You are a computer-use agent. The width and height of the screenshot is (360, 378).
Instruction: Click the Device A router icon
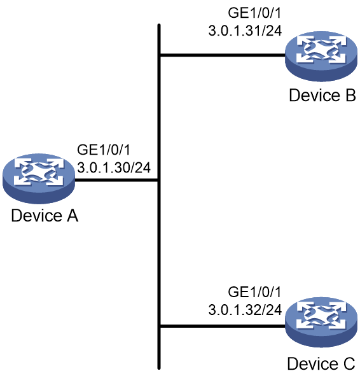coord(39,178)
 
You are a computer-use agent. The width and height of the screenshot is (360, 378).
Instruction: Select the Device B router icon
coord(321,56)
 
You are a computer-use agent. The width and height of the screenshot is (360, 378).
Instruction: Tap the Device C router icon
coord(321,322)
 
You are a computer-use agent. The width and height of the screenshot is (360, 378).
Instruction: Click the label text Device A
coord(45,216)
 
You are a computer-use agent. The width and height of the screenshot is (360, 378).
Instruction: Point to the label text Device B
coord(322,95)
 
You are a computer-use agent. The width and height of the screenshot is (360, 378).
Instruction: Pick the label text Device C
coord(321,363)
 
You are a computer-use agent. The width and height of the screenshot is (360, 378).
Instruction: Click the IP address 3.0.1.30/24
coord(114,167)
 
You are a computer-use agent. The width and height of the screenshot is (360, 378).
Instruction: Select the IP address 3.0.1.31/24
coord(245,31)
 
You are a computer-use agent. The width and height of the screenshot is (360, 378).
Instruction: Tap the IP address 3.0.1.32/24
coord(245,310)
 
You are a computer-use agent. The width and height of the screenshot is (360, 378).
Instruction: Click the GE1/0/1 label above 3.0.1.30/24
coord(104,150)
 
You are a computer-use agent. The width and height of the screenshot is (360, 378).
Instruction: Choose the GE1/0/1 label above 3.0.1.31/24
coord(254,13)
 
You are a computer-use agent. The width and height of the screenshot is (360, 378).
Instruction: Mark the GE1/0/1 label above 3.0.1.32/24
coord(254,292)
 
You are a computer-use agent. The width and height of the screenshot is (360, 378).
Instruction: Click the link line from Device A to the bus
coord(116,180)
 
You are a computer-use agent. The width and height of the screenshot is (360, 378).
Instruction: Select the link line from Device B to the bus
coord(223,55)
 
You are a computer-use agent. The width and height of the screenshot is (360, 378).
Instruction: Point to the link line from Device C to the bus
coord(223,326)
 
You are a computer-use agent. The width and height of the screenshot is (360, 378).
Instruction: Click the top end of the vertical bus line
coord(159,25)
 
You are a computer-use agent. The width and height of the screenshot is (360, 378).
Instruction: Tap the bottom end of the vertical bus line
coord(159,368)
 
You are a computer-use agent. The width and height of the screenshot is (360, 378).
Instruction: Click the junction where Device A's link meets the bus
coord(158,180)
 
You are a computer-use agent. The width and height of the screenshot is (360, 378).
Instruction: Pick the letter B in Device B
coord(350,95)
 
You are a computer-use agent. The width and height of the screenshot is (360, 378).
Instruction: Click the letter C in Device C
coord(349,363)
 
